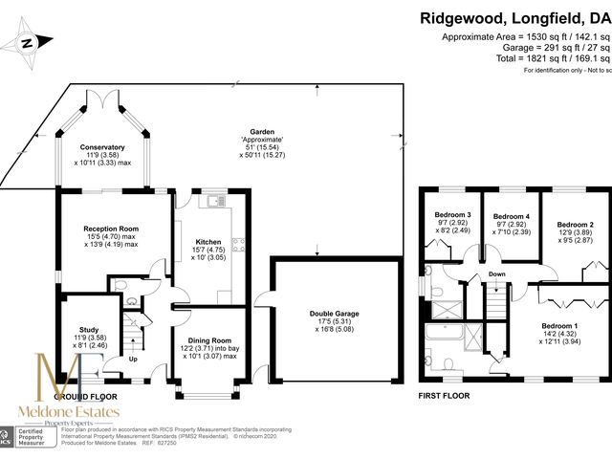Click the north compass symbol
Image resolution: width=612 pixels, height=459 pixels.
(x=28, y=42)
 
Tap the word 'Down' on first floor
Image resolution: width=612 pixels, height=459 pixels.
(x=497, y=274)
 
